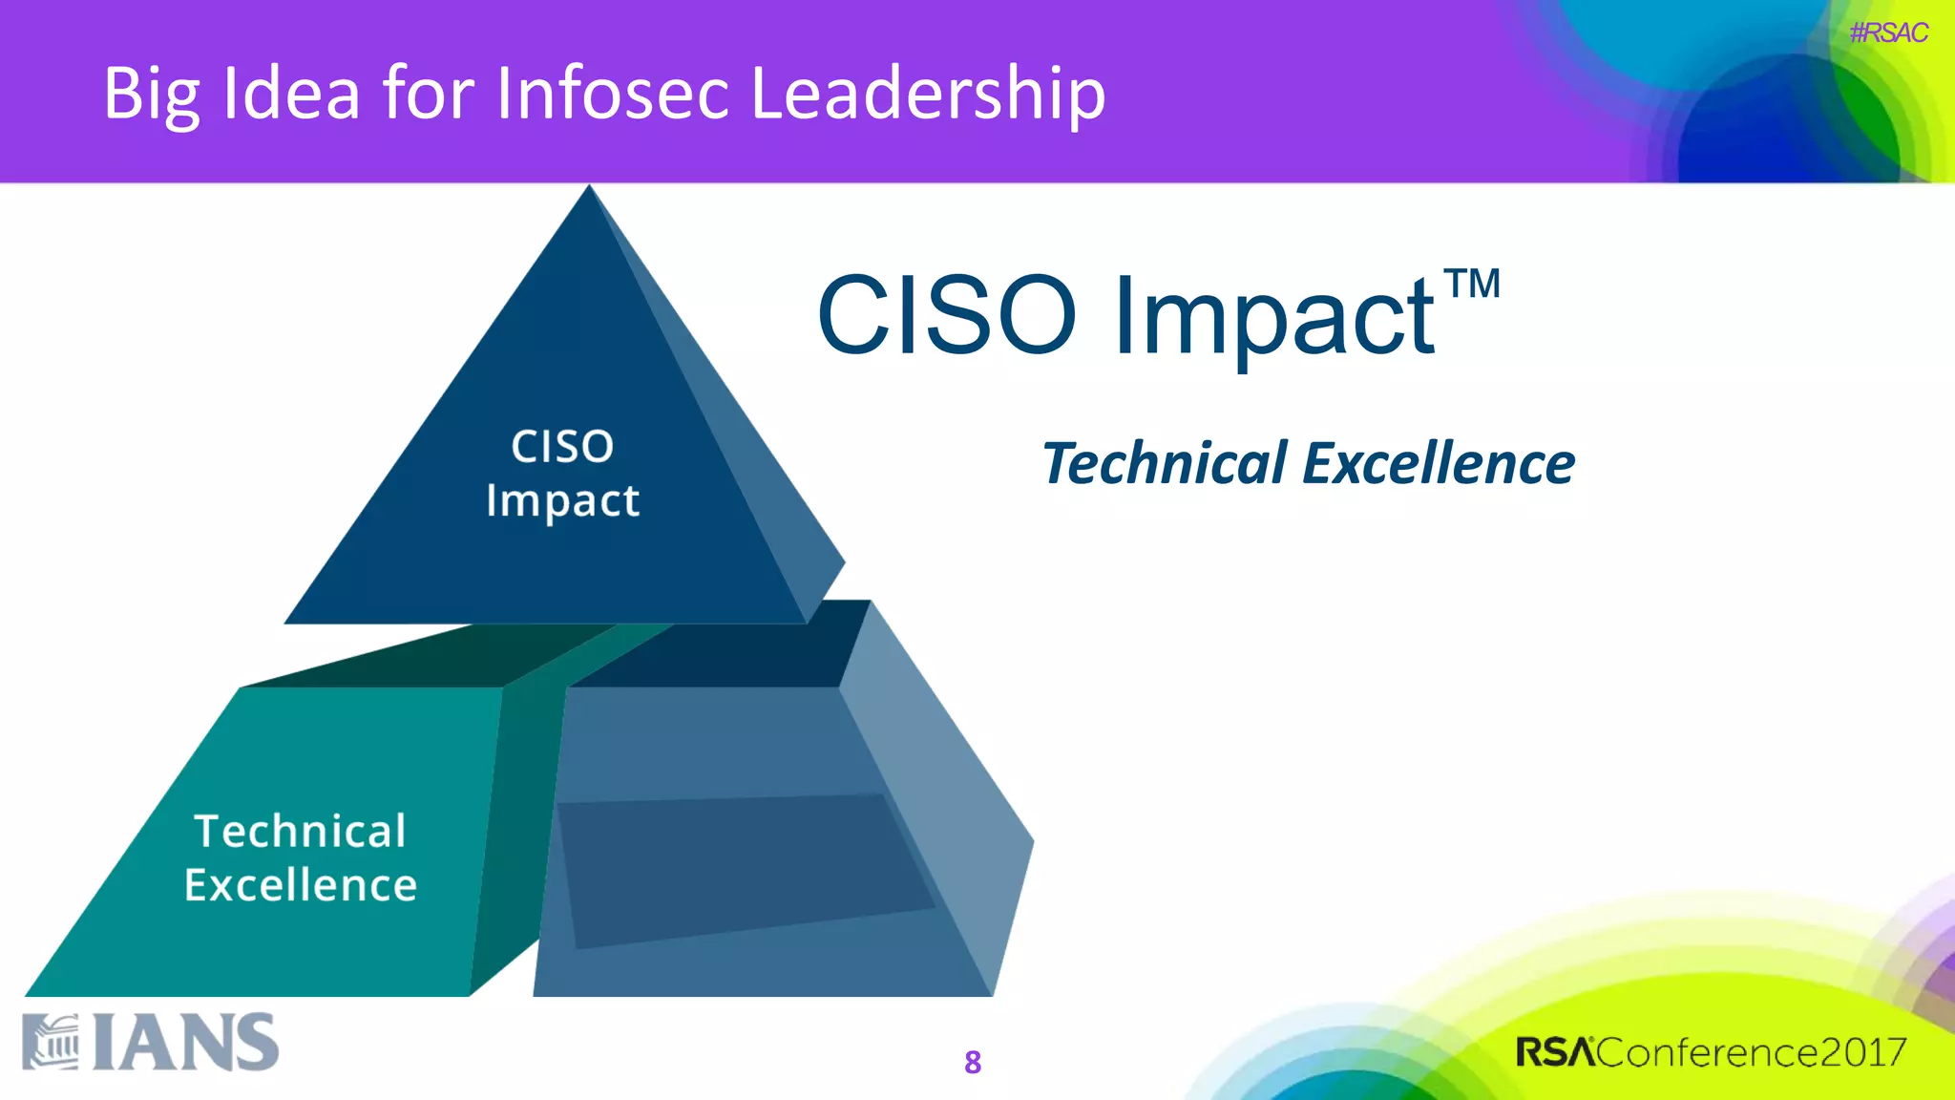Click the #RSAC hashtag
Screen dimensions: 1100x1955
[1888, 33]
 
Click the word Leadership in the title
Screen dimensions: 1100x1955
[928, 94]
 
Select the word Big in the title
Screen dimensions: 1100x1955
[151, 95]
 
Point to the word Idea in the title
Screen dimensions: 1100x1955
[291, 94]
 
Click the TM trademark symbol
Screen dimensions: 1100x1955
[1471, 285]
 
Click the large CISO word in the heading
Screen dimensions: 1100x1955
[947, 315]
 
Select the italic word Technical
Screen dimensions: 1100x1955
[1165, 464]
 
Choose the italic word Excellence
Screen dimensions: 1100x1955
[1439, 464]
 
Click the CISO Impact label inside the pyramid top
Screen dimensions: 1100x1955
[562, 474]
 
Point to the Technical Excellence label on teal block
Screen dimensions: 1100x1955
[301, 857]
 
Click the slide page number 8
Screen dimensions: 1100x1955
[973, 1062]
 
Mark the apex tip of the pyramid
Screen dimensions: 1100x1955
[589, 189]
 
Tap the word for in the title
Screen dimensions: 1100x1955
[428, 94]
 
